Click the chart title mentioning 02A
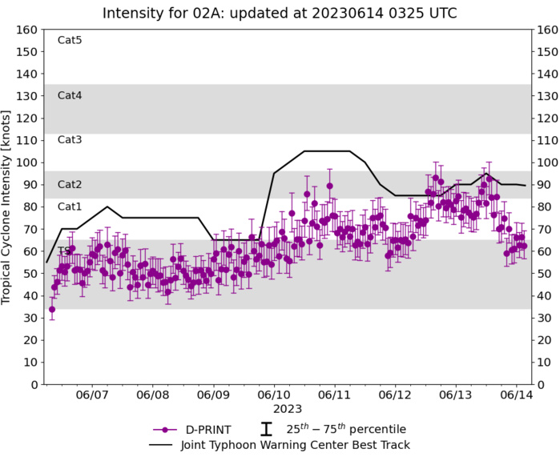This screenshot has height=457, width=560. [x=280, y=13]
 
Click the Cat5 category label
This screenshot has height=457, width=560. [x=70, y=40]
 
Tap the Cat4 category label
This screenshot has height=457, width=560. [x=70, y=95]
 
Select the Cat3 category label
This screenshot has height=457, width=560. [x=70, y=140]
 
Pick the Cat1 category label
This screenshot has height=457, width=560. [x=70, y=206]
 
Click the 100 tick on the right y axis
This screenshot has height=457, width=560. [x=546, y=162]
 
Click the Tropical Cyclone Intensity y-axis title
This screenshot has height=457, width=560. [x=8, y=207]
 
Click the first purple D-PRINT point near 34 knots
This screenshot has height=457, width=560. [x=52, y=309]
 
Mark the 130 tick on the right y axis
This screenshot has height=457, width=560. [x=546, y=96]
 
